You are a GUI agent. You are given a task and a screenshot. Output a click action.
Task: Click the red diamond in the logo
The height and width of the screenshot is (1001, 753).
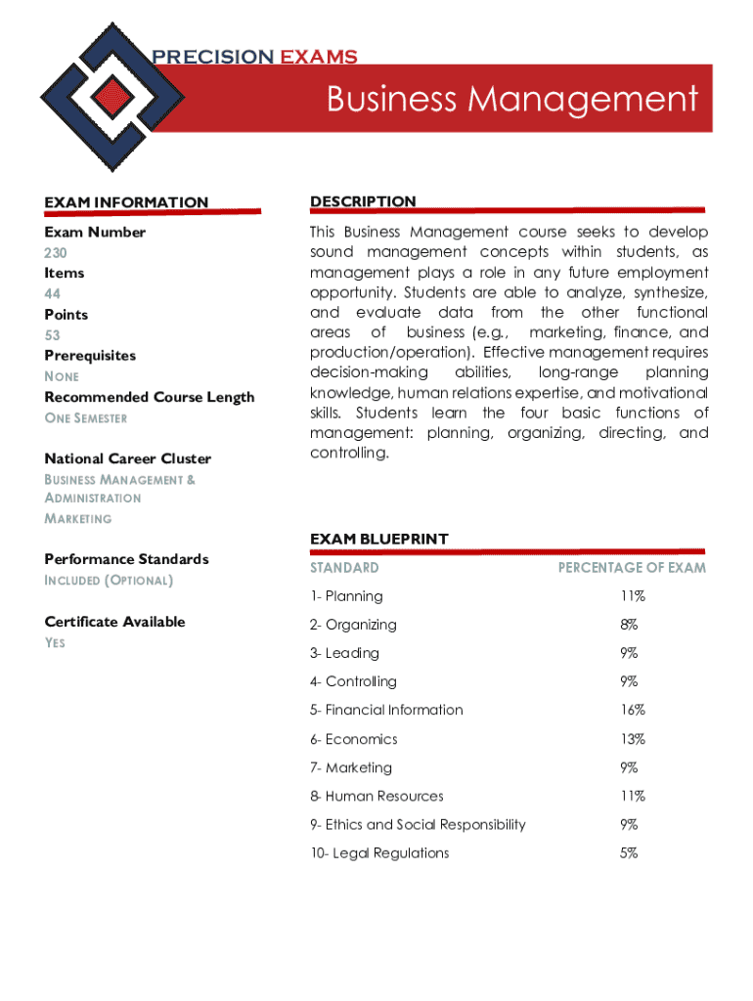[x=114, y=95]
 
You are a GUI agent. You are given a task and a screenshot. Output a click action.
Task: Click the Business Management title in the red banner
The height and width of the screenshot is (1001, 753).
[x=512, y=99]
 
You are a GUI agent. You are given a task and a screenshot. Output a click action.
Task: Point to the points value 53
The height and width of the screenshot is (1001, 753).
[x=52, y=335]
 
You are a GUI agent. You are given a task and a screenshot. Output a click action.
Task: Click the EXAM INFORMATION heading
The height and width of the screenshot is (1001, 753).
[x=126, y=202]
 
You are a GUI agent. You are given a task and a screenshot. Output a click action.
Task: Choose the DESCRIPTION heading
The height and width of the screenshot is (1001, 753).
[x=363, y=201]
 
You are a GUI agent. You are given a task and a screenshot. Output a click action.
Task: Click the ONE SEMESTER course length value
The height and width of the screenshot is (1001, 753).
[x=86, y=418]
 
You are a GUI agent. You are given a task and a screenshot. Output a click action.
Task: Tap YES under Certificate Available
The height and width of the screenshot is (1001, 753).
[x=55, y=643]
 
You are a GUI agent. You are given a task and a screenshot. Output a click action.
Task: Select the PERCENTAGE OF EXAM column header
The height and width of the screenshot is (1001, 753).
[x=632, y=568]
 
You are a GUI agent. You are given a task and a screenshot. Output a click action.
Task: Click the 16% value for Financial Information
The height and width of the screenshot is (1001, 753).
[x=632, y=710]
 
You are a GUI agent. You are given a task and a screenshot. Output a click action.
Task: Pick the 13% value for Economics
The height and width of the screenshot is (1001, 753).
[x=632, y=739]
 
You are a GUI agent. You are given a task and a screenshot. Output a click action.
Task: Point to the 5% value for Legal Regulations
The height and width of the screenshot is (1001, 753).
[x=629, y=852]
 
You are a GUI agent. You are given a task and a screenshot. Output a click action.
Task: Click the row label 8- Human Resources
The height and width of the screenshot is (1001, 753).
[x=376, y=796]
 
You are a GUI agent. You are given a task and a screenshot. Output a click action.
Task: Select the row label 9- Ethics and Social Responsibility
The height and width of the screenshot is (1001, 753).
[x=418, y=824]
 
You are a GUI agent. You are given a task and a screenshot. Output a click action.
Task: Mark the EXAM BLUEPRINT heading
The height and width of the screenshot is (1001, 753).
[x=378, y=539]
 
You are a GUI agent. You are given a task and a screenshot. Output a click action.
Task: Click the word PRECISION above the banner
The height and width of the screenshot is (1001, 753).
[x=212, y=57]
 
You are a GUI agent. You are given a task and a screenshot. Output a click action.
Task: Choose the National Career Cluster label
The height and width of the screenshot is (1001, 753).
[x=127, y=458]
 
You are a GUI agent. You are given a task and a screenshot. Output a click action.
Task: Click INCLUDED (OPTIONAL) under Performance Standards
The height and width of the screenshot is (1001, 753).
[x=109, y=581]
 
